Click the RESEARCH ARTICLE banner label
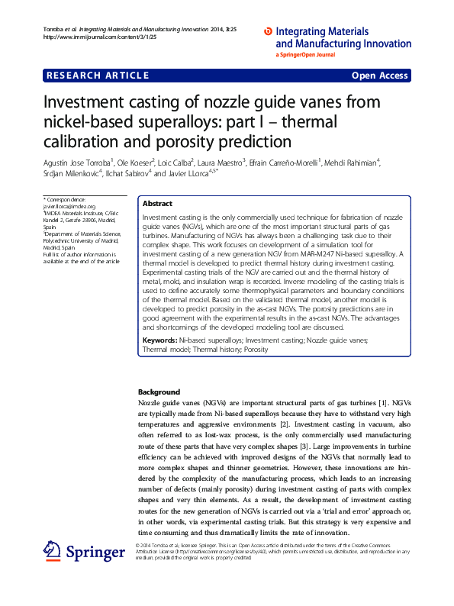click(x=98, y=76)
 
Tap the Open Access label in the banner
click(x=380, y=76)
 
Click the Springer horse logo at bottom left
click(x=53, y=550)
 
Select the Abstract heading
click(x=158, y=204)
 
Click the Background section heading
click(x=159, y=391)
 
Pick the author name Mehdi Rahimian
click(x=353, y=162)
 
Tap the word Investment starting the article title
click(x=83, y=103)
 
